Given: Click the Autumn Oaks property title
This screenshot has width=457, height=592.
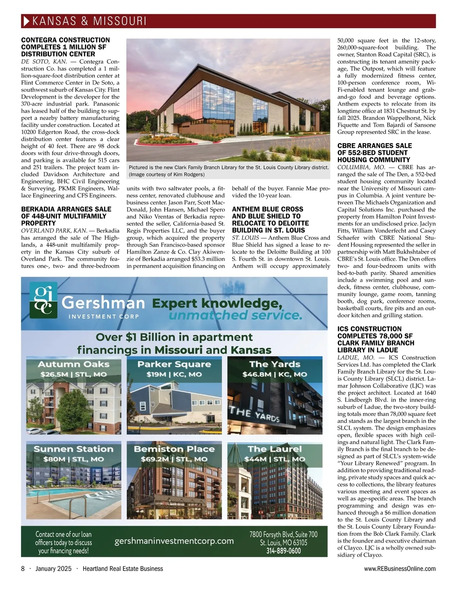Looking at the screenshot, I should tap(74, 364).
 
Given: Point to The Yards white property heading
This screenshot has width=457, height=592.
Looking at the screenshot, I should tap(275, 364).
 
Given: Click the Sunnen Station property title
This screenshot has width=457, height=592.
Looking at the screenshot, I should tap(74, 449).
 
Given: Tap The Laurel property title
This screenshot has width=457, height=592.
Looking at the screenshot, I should tap(275, 449).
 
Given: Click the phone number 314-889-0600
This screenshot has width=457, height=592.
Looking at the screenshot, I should tap(283, 551).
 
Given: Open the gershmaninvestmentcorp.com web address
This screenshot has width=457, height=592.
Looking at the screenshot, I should tap(174, 541).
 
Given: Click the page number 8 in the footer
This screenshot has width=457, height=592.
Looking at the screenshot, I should tap(23, 569).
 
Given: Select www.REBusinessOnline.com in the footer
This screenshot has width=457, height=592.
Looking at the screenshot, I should tap(400, 569).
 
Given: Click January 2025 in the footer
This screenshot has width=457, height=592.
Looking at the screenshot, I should tap(53, 569).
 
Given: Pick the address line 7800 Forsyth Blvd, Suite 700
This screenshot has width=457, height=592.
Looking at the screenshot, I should tap(283, 535).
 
